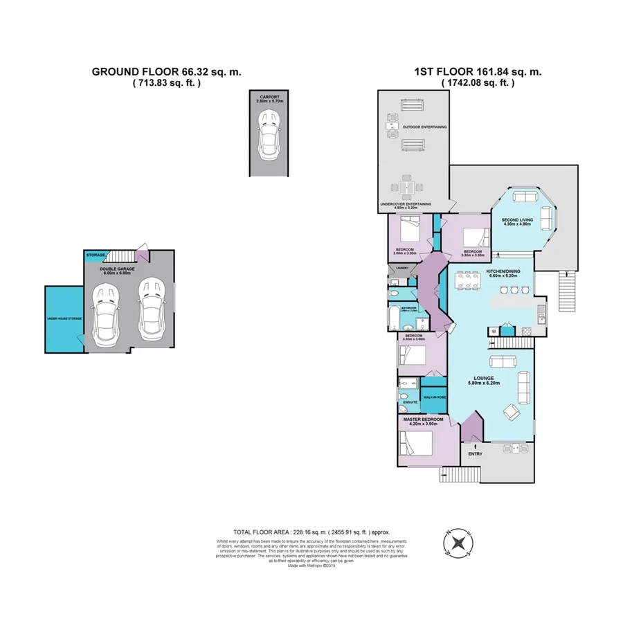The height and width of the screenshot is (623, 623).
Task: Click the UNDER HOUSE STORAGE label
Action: coord(64,318)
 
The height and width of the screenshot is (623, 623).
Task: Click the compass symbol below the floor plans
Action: coord(457,543)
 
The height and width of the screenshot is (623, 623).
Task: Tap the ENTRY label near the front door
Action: coord(475,454)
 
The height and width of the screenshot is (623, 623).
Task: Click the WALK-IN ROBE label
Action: coord(433,397)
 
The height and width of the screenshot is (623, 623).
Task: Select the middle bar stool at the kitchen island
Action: coord(513,290)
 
